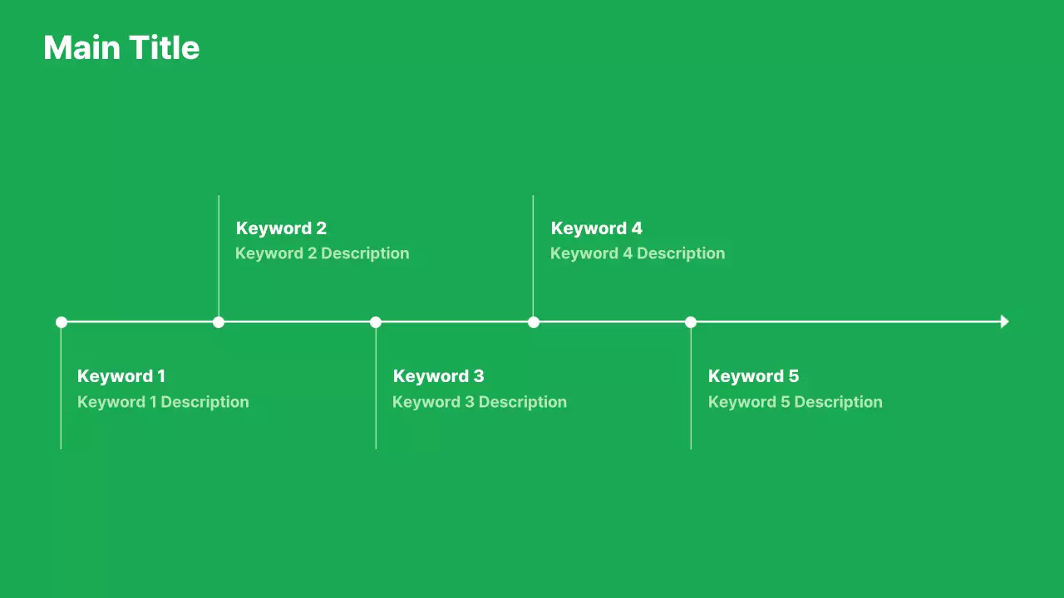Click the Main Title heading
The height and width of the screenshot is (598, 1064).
pos(121,48)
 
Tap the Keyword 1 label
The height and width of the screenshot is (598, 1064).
pos(121,376)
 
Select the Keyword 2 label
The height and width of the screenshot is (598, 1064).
pos(281,228)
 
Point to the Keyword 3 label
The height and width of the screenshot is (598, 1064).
pos(438,376)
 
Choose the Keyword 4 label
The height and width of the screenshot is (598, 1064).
pos(596,228)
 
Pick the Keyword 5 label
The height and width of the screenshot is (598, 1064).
pos(753,376)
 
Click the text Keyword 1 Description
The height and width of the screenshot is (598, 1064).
pos(163,402)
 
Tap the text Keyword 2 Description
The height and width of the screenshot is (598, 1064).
pos(322,253)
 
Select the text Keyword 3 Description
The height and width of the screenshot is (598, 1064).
pos(479,402)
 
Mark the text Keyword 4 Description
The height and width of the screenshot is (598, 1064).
pos(638,253)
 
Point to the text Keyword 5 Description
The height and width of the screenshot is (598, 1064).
pos(795,402)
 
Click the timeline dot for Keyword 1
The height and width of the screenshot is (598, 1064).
pos(62,322)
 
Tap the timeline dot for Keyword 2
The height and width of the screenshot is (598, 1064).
pos(219,322)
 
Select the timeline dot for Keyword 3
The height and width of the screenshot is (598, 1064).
pos(376,322)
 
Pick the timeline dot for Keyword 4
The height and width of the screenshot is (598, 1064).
pos(534,322)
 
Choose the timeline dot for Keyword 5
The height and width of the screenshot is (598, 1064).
pos(691,322)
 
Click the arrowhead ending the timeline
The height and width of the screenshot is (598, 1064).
pos(1004,321)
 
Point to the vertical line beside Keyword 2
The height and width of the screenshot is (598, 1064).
pos(219,249)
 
